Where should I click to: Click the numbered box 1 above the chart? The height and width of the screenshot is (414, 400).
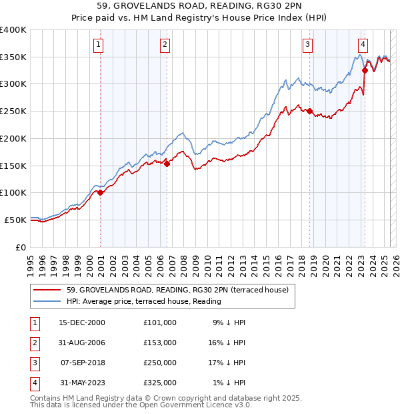coord(98,45)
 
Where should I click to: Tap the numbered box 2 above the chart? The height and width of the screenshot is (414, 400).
coord(165,45)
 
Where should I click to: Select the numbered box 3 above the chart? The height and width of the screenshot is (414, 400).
coord(307,45)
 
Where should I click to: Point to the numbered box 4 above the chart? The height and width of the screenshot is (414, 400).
coord(363,45)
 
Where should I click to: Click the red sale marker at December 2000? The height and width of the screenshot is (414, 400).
coord(101,192)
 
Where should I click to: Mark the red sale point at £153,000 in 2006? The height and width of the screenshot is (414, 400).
coord(167,164)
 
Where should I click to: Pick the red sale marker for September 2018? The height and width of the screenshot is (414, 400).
coord(310,112)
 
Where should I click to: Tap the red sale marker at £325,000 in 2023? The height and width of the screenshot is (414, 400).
coord(365,70)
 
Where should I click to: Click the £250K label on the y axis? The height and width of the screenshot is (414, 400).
coord(13,112)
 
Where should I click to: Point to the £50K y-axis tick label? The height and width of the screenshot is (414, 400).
coord(15,220)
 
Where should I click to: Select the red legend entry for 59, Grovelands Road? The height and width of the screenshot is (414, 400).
coord(177,290)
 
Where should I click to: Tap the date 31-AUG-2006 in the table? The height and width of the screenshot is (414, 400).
coord(83,342)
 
